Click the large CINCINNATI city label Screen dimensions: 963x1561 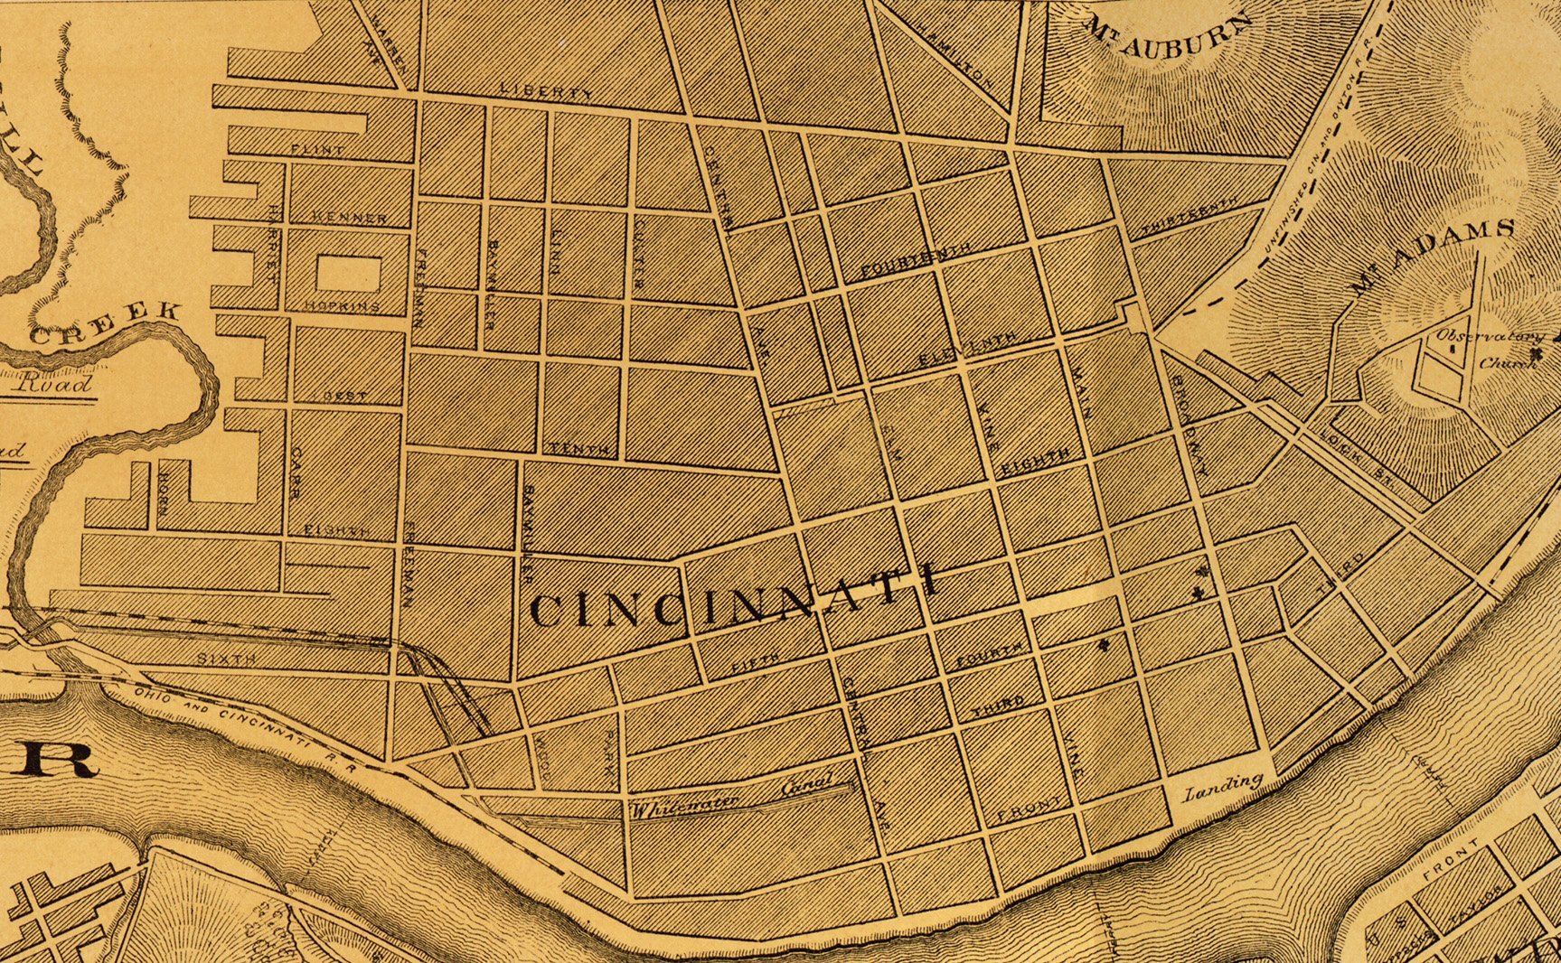(732, 599)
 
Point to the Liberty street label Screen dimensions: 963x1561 (547, 92)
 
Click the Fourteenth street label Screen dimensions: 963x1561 (916, 258)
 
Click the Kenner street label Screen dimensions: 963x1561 (349, 218)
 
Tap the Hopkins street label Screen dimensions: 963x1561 (342, 306)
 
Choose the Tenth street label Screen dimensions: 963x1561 (579, 449)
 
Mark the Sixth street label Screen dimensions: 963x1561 (226, 659)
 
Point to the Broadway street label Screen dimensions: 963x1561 (1191, 424)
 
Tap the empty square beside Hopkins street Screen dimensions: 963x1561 (347, 274)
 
